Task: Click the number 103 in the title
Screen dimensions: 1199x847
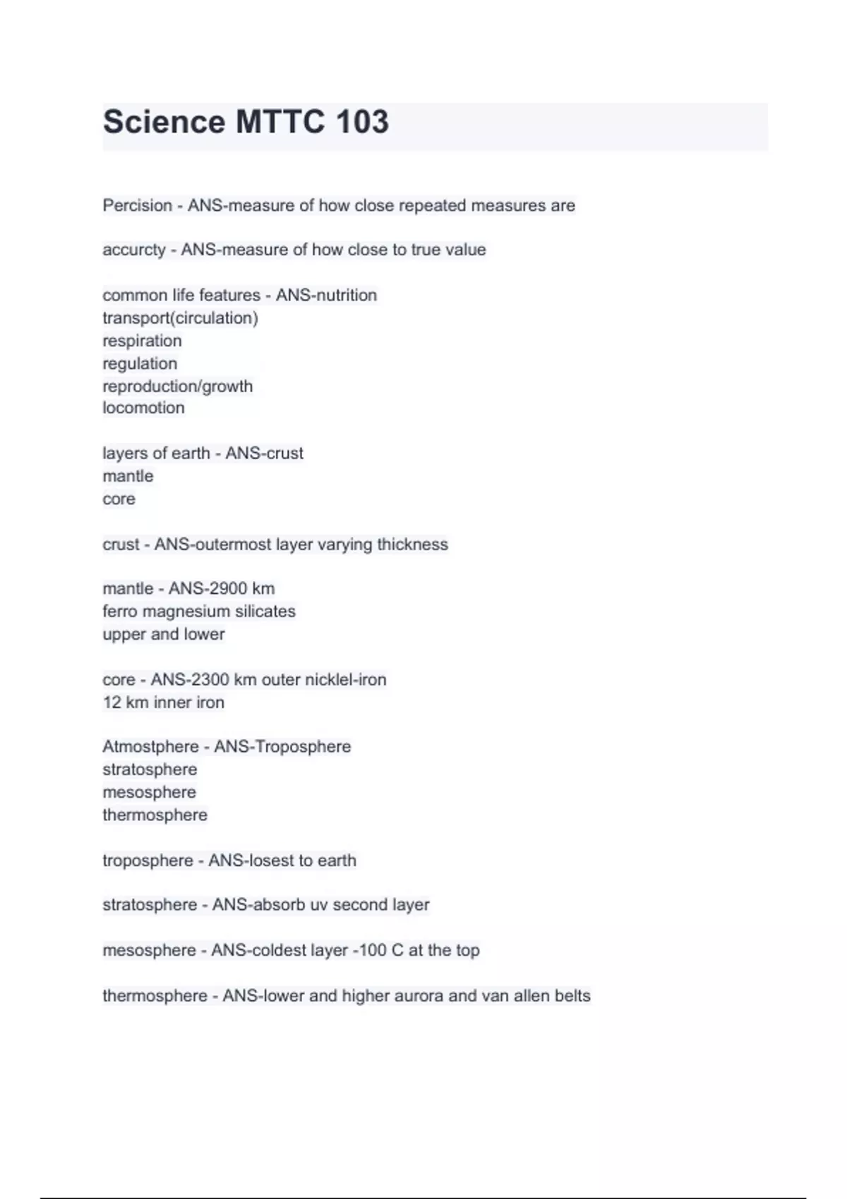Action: point(362,122)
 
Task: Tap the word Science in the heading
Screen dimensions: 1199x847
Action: point(164,122)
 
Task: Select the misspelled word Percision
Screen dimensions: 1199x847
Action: point(137,205)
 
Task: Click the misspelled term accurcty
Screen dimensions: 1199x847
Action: point(133,250)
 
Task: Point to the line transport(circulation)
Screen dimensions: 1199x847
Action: point(180,318)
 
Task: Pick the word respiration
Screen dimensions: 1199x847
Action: point(142,341)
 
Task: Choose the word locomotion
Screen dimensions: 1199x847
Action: point(143,408)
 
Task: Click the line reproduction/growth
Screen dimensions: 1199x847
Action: point(177,386)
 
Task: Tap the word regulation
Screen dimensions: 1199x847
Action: point(140,363)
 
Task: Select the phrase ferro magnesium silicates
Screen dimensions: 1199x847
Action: point(198,611)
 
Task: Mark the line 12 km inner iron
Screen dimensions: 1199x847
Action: point(163,702)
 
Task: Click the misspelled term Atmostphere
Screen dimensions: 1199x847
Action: point(150,746)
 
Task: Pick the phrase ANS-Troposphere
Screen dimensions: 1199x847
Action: point(282,746)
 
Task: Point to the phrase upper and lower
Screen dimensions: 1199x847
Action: point(163,634)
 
